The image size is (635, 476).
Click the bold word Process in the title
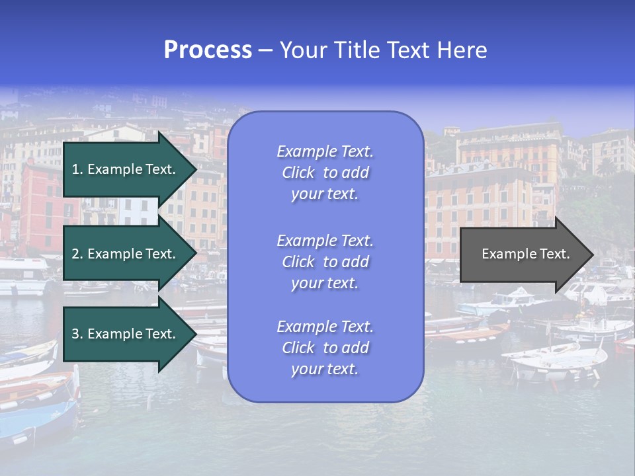208,50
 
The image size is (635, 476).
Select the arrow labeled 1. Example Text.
126,169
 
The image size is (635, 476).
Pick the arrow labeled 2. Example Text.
126,254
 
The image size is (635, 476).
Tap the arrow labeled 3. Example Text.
126,334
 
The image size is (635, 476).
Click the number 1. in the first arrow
77,169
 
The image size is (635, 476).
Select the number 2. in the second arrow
77,254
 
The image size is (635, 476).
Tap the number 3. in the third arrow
77,334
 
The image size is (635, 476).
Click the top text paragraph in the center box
325,173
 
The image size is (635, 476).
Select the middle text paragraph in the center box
325,261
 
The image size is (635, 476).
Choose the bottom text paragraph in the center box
325,348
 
